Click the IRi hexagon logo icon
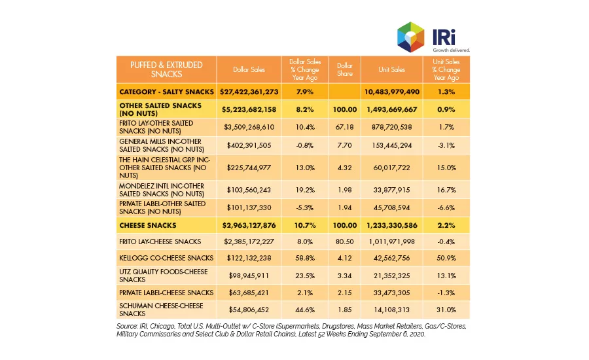pos(410,37)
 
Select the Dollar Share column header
pos(344,69)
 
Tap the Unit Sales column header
pos(391,69)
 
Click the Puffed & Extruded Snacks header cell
pos(166,69)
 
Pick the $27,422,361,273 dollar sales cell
pos(249,92)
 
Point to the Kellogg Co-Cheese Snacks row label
pos(166,258)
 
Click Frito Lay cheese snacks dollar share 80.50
pos(344,242)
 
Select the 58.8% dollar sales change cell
pos(304,258)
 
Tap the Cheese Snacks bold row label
pos(148,225)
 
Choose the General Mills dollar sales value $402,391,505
pos(249,145)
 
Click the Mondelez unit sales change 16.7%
pos(446,190)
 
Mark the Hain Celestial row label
pos(164,168)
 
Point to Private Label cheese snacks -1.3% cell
pos(446,293)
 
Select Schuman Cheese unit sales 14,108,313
pos(391,310)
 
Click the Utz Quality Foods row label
pos(164,276)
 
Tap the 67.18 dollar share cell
pos(344,127)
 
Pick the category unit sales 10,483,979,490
pos(391,92)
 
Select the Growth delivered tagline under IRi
pos(451,50)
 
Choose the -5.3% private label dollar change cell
pos(304,207)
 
